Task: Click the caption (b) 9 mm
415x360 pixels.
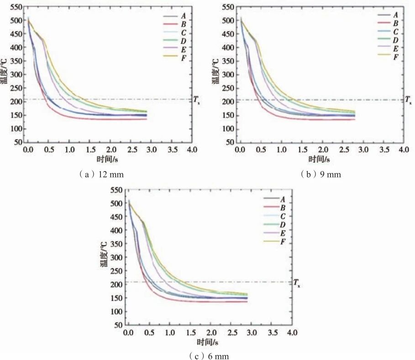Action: (320, 174)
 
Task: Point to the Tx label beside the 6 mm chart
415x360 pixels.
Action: (297, 283)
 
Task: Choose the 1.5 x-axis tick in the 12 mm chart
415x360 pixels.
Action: (89, 150)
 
